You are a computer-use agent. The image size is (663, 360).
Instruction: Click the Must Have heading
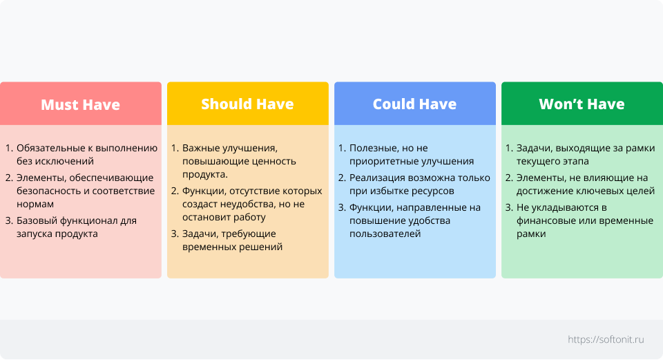click(80, 104)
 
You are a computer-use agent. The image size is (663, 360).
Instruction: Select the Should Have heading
click(247, 104)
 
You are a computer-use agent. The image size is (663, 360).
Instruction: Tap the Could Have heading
click(415, 104)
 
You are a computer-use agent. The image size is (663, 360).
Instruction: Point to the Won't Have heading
click(582, 104)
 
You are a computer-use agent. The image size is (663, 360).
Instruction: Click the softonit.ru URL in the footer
click(606, 339)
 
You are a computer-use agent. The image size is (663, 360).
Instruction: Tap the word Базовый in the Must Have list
click(37, 221)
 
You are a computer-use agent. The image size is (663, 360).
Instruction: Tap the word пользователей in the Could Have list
click(385, 234)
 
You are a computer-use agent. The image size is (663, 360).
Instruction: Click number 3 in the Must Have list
click(9, 220)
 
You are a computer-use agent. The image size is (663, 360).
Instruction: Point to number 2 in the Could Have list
click(342, 178)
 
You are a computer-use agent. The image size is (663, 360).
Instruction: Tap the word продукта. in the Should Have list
click(205, 174)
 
